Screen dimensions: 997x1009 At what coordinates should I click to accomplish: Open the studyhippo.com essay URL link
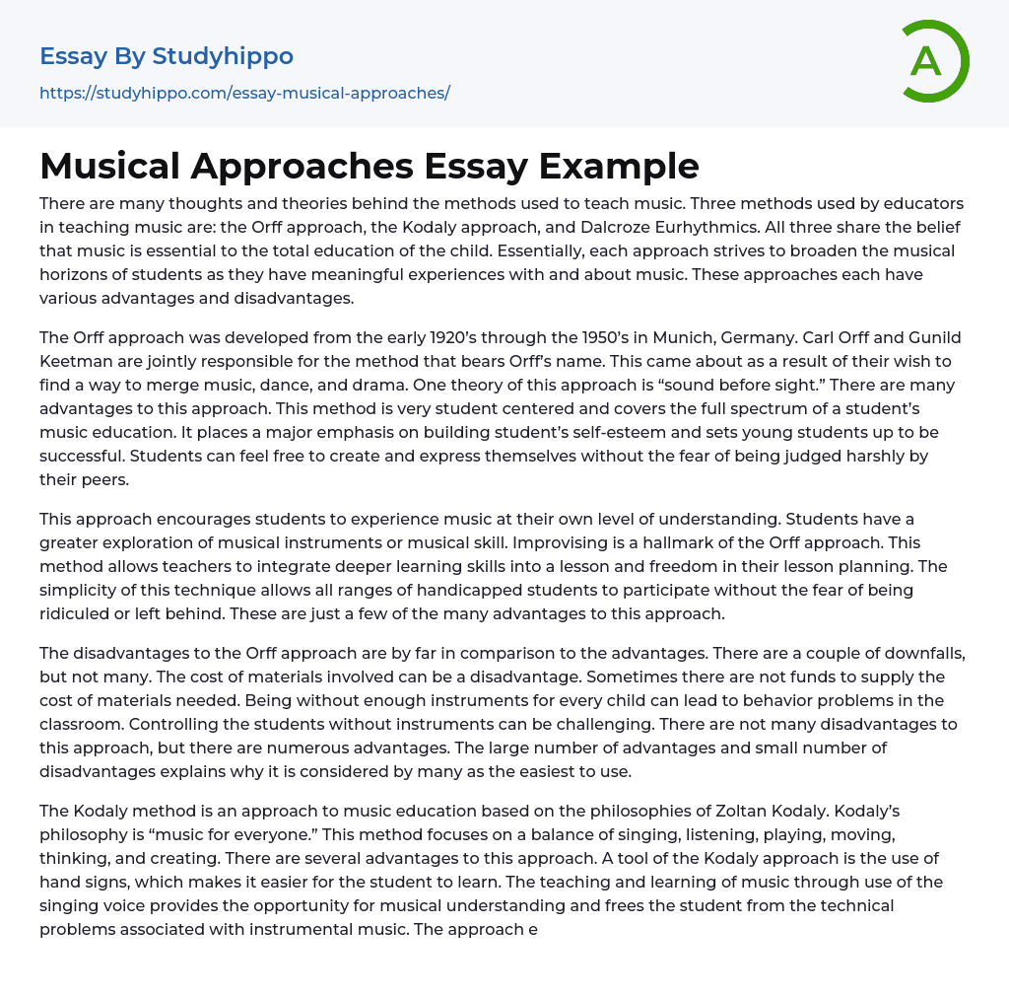tap(244, 93)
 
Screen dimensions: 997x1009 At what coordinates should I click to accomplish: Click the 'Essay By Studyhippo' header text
tap(167, 56)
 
